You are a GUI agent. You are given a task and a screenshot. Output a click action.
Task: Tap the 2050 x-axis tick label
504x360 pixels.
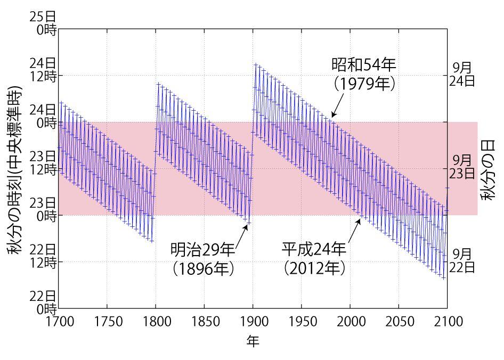coord(399,322)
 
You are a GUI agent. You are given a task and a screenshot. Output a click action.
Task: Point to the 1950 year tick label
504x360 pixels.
coord(302,322)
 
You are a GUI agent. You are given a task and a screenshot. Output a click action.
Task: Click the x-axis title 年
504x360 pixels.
coord(253,341)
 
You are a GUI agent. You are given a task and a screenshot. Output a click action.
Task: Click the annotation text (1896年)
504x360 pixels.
coord(203,268)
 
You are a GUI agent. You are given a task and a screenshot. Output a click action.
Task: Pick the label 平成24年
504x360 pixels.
coord(314,249)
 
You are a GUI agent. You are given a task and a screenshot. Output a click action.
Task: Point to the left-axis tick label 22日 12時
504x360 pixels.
coord(44,256)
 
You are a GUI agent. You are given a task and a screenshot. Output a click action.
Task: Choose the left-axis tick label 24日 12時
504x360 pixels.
coord(44,69)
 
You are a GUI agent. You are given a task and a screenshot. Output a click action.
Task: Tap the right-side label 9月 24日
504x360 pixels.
coord(462,74)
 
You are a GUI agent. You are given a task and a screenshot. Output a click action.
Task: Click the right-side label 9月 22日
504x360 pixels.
coord(462,260)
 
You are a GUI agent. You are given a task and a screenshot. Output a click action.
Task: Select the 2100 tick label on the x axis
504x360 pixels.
coord(446,322)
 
